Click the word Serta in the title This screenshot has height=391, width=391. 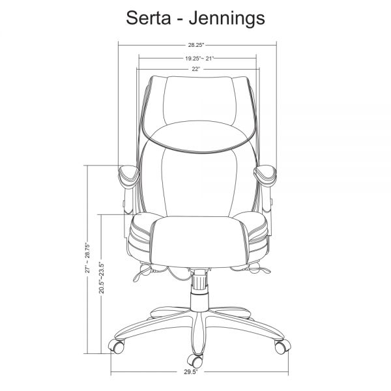149,18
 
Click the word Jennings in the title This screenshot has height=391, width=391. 227,19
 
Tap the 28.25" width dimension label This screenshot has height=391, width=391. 196,45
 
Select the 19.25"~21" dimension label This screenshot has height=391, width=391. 199,59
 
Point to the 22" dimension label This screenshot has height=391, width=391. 196,69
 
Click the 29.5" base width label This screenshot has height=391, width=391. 191,372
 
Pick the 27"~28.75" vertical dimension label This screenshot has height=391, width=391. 87,257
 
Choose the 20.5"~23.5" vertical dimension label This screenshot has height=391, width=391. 101,278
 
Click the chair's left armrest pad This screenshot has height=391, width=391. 128,176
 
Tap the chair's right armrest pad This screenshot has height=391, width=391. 265,175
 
